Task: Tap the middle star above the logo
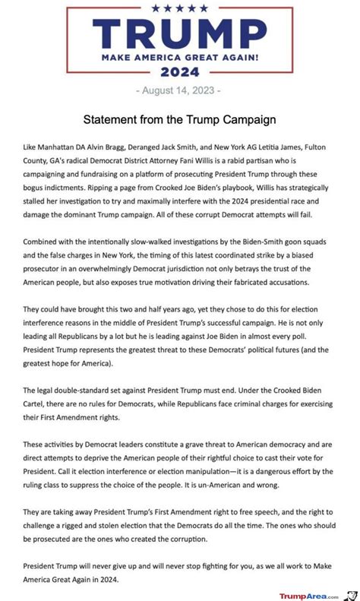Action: [x=181, y=8]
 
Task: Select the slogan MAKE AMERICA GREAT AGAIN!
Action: [x=180, y=57]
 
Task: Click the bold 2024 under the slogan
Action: [x=180, y=73]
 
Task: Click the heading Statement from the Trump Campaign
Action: [x=180, y=119]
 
